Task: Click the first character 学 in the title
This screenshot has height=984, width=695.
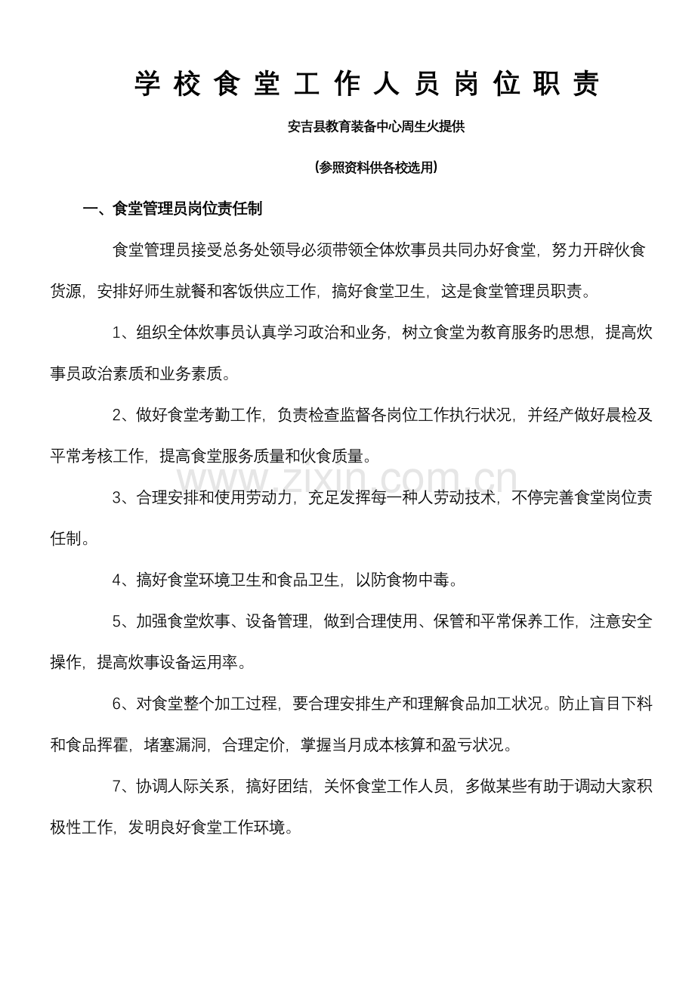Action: coord(148,85)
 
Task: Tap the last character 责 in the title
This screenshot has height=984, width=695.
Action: coord(585,85)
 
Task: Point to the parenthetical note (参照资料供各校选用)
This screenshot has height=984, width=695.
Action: coord(376,169)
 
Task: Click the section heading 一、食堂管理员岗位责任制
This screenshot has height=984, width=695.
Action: coord(172,209)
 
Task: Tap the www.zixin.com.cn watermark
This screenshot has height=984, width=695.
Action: coord(347,479)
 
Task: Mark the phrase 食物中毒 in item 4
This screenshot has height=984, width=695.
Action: coord(419,580)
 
